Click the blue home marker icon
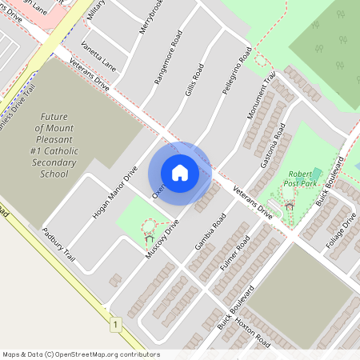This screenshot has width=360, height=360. click(180, 173)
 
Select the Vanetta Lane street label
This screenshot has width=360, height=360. click(98, 58)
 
